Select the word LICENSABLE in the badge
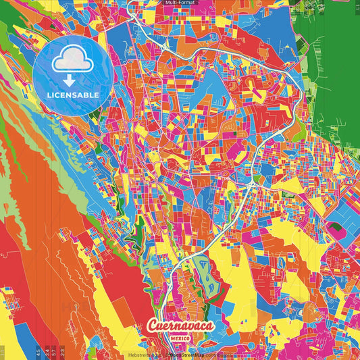(72, 95)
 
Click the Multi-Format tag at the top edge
(180, 3)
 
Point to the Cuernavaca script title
(180, 326)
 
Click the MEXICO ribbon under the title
(180, 337)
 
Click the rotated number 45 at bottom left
(38, 352)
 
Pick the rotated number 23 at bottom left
(62, 352)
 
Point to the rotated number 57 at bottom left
(54, 352)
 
